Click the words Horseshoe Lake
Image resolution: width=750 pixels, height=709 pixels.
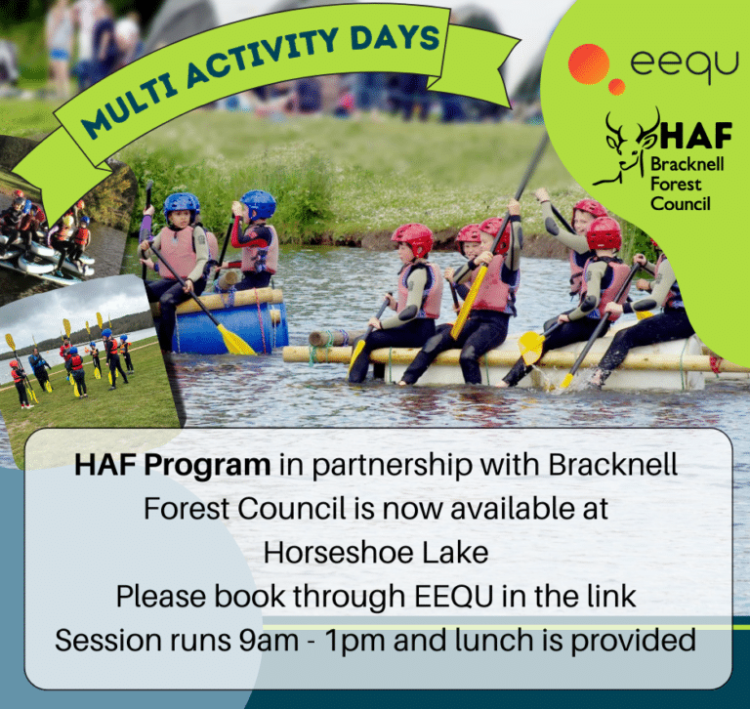coord(375,552)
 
